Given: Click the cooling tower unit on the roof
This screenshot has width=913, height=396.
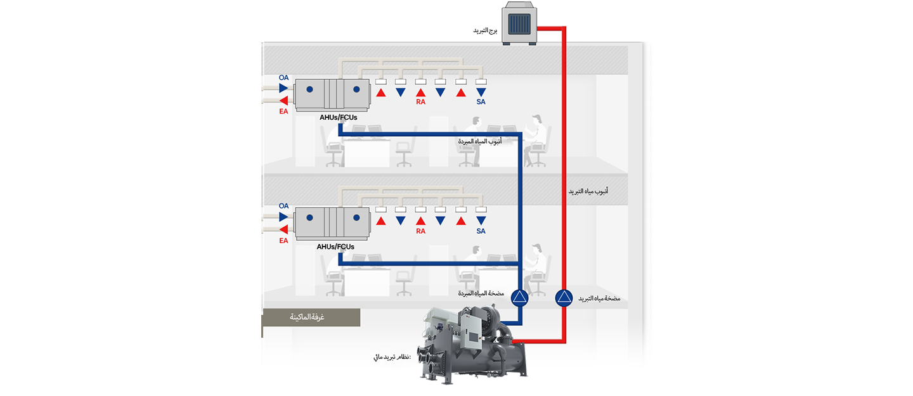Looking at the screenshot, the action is click(x=519, y=23).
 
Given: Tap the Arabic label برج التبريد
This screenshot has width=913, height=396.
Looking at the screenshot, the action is click(x=485, y=30).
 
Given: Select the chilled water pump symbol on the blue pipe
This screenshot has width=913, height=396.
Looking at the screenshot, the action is click(x=520, y=298).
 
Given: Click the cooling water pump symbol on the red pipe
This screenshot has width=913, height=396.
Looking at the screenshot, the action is click(x=564, y=298).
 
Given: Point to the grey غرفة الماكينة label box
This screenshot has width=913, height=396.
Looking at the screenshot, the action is click(x=311, y=317).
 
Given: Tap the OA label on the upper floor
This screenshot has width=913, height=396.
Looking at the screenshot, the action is click(x=283, y=77).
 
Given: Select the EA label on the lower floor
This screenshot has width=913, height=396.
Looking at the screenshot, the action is click(x=283, y=241).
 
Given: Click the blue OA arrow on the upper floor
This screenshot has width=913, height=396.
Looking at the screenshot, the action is click(x=283, y=88).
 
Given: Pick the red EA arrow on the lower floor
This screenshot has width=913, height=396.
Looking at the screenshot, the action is click(x=283, y=229).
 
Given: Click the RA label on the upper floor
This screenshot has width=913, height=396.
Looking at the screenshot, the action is click(x=420, y=102).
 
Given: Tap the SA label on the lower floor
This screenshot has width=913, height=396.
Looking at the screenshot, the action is click(x=481, y=231).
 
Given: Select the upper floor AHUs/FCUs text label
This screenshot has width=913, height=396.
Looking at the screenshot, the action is click(x=339, y=117).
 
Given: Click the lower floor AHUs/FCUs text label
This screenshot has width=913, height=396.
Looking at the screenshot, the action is click(x=335, y=246).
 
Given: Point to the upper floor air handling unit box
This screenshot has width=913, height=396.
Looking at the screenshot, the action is click(x=332, y=94).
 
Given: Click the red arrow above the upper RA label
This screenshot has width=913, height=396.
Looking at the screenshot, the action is click(x=420, y=93).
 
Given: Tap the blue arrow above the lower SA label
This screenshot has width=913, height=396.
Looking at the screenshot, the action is click(x=481, y=220).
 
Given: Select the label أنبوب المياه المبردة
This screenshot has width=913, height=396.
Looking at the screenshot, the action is click(x=480, y=141).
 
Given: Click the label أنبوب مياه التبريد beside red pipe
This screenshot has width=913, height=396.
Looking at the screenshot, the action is click(x=588, y=191).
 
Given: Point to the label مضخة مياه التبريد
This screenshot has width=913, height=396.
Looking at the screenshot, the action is click(x=599, y=298).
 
